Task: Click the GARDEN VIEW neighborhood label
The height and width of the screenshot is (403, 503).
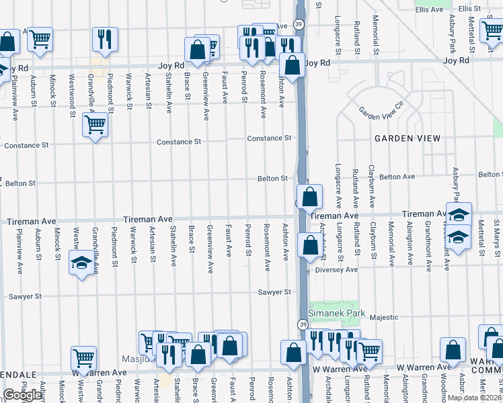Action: [408, 138]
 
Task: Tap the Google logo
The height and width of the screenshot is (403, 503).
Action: [22, 395]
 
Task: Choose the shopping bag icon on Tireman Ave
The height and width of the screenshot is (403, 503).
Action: [309, 197]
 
